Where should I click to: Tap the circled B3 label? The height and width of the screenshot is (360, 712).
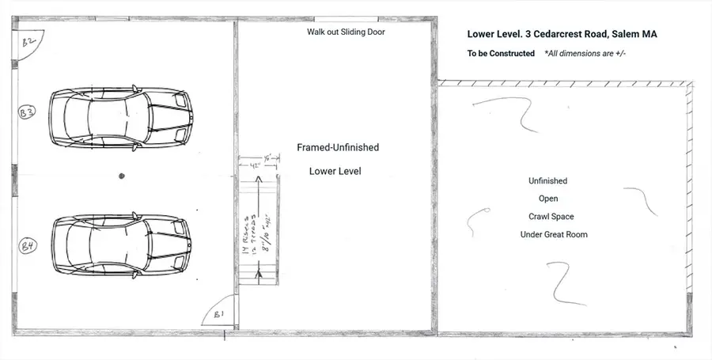click(26, 113)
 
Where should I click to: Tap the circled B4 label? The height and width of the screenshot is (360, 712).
click(27, 247)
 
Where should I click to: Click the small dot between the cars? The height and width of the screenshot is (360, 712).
click(121, 176)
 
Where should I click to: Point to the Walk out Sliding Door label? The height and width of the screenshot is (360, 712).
click(346, 32)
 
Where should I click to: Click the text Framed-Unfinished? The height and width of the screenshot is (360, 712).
click(338, 148)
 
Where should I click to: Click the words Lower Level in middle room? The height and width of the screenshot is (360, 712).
click(335, 171)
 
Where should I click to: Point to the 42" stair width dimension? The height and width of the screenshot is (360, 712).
click(252, 166)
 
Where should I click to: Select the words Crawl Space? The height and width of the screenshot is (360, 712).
click(551, 217)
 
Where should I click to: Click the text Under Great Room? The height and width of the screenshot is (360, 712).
click(553, 234)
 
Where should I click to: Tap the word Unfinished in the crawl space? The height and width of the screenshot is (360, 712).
click(547, 181)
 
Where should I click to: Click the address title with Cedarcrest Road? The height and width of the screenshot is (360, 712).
click(562, 34)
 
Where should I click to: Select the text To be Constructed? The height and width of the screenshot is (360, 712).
click(501, 54)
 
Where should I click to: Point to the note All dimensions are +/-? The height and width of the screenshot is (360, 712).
click(586, 54)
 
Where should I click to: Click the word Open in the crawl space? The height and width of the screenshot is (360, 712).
click(548, 199)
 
